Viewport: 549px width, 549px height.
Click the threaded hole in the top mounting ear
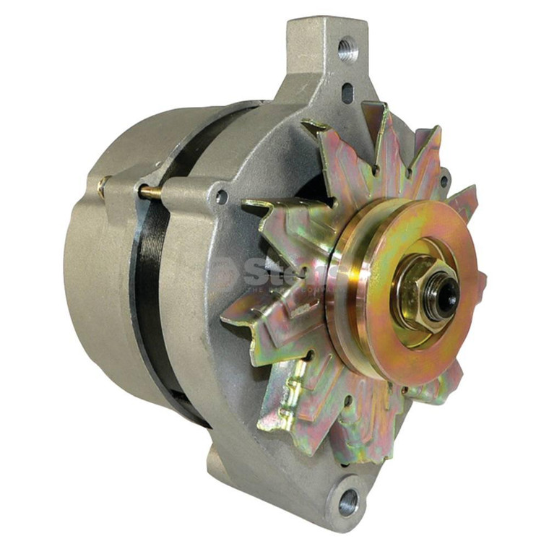(x=347, y=49)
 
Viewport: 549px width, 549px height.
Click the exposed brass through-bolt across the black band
(x=150, y=192)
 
